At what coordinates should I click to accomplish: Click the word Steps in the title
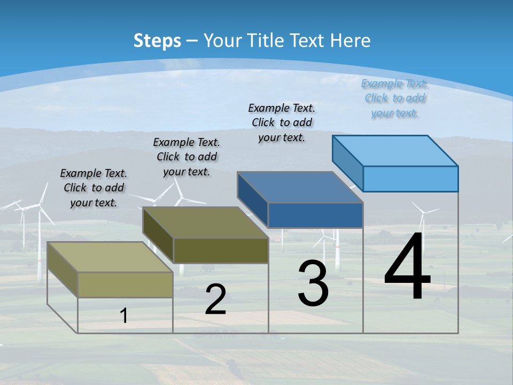[157, 41]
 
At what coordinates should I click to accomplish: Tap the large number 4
[407, 267]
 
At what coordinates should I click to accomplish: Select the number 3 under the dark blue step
[313, 283]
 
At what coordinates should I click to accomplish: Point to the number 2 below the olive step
[215, 299]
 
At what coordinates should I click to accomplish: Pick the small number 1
[124, 316]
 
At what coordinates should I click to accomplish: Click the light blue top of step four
[395, 150]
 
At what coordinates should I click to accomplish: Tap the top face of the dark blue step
[301, 187]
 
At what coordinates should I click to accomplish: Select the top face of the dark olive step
[206, 222]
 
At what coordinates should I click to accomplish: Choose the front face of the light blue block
[410, 179]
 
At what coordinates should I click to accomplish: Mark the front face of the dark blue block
[315, 215]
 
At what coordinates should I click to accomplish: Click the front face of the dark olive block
[221, 250]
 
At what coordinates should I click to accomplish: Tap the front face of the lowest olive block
[126, 284]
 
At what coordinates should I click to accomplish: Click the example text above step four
[394, 98]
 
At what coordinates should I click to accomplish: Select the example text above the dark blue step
[282, 122]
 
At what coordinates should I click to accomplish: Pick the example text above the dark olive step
[186, 157]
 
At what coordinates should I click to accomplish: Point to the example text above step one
[94, 188]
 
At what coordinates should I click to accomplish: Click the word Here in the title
[351, 41]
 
